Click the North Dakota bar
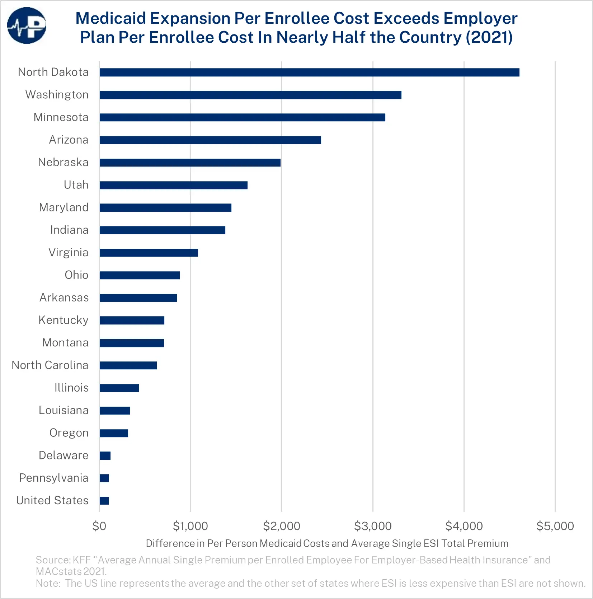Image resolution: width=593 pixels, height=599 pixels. pos(309,72)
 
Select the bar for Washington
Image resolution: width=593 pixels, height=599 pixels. pos(250,95)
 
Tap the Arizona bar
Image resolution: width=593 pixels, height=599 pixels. pos(210,140)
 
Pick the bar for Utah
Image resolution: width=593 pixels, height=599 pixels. pos(174,185)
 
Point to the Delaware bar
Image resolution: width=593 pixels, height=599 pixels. pos(105,456)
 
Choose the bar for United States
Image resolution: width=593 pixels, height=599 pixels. pos(104,501)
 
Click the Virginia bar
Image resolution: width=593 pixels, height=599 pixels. pos(149,253)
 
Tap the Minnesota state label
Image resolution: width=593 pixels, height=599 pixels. pos(61,117)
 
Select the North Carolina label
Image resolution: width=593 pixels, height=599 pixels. pos(50,365)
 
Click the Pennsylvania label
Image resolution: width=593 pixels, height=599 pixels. pos(53,478)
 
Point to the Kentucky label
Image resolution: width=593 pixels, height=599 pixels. pos(63,320)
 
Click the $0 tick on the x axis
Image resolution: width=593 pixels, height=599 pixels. pos(99,526)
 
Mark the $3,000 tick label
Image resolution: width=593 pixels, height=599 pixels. pos(373,526)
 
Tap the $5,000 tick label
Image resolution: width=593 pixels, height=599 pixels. pos(555,526)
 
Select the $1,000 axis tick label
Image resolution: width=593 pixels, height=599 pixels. pos(190,526)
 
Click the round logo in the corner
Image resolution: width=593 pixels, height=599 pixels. pos(27,25)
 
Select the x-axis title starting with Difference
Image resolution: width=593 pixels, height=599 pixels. pos(327,543)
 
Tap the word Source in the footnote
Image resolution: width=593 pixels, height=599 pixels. pos(53,560)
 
